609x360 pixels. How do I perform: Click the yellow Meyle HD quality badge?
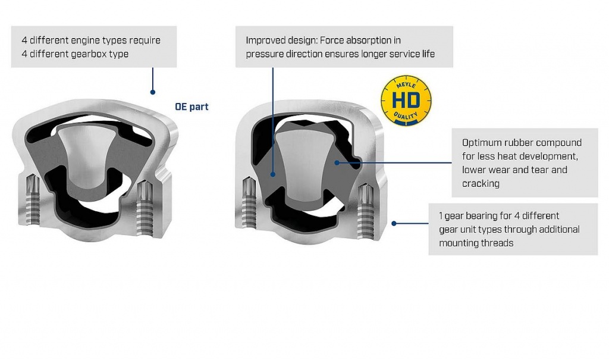[406, 100]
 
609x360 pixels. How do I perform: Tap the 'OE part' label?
[192, 107]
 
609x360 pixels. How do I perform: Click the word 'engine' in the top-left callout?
[92, 40]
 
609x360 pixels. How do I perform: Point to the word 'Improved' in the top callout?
[265, 40]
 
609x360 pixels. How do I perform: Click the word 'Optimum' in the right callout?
[480, 143]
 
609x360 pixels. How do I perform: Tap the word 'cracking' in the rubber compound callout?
[481, 183]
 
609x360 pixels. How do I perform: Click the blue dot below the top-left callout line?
[153, 92]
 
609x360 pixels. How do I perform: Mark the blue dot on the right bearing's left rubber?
[273, 174]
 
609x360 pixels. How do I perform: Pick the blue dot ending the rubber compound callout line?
[337, 161]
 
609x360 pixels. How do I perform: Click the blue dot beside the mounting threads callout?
[394, 223]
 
